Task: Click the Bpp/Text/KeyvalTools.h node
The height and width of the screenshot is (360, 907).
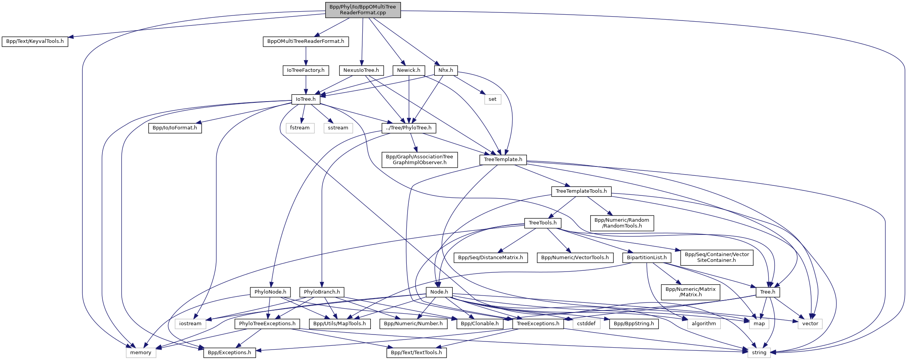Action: pyautogui.click(x=35, y=41)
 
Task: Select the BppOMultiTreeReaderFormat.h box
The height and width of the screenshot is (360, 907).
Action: pyautogui.click(x=306, y=41)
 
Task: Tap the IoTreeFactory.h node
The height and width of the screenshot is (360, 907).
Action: pyautogui.click(x=306, y=70)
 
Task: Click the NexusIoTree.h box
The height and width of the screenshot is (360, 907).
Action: pyautogui.click(x=361, y=70)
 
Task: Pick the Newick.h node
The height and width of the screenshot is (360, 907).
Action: pyautogui.click(x=409, y=70)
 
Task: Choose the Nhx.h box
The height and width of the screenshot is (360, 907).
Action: pyautogui.click(x=446, y=70)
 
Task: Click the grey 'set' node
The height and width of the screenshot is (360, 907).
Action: pyautogui.click(x=493, y=99)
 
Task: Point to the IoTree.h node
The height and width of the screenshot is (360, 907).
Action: pyautogui.click(x=306, y=99)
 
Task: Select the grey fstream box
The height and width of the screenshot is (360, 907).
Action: pyautogui.click(x=300, y=128)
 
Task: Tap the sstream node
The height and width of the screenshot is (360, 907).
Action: pyautogui.click(x=338, y=128)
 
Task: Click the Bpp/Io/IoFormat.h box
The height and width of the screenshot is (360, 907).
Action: pyautogui.click(x=175, y=128)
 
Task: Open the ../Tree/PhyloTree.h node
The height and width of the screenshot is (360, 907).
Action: pyautogui.click(x=409, y=128)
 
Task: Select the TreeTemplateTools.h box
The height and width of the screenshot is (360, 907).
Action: pyautogui.click(x=581, y=191)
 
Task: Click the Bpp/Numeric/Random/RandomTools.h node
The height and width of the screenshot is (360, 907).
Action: pyautogui.click(x=622, y=223)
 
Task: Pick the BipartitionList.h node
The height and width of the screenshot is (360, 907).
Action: pyautogui.click(x=647, y=258)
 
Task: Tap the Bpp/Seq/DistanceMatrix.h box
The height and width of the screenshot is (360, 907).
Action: pyautogui.click(x=491, y=258)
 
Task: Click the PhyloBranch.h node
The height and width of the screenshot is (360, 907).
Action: pyautogui.click(x=322, y=292)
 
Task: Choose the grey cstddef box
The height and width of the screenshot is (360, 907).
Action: pyautogui.click(x=586, y=324)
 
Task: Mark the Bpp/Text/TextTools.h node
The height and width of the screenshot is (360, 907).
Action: pyautogui.click(x=416, y=353)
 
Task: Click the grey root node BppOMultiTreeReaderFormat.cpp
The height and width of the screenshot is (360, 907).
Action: pyautogui.click(x=363, y=10)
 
